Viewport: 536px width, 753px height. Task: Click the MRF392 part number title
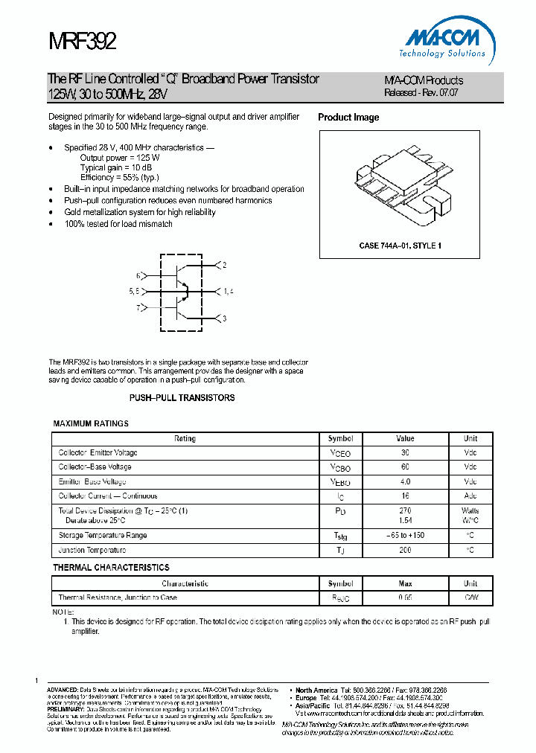82,41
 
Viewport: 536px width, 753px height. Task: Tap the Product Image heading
348,118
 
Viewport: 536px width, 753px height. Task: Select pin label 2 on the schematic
224,265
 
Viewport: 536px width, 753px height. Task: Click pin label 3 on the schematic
224,318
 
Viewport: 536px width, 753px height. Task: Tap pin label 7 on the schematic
138,307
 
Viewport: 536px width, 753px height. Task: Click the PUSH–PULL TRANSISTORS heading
182,398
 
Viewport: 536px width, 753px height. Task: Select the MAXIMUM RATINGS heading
91,423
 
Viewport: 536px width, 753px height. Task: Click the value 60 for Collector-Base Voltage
405,467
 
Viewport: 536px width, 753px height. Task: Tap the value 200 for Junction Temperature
405,550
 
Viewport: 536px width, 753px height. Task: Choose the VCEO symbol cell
339,453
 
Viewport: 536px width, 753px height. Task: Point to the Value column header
405,439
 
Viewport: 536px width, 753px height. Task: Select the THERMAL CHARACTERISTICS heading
111,568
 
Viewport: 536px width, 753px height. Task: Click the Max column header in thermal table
405,584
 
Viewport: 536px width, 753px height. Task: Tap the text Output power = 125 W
120,158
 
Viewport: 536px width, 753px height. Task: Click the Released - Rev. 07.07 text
421,93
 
